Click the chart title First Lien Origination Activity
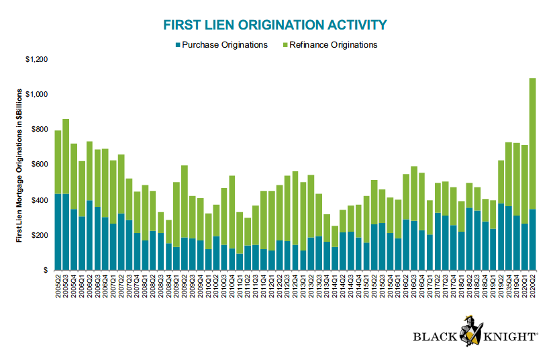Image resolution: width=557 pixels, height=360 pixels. (x=275, y=25)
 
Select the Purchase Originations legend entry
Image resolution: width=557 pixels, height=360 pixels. (x=221, y=45)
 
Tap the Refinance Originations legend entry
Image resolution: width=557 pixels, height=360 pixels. (x=330, y=45)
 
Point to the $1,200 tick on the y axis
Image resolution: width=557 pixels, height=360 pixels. (x=37, y=59)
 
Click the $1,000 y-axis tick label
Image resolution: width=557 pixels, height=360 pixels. (x=37, y=94)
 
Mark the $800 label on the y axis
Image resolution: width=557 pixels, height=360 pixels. (x=40, y=130)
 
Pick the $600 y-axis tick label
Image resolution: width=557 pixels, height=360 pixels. (x=40, y=165)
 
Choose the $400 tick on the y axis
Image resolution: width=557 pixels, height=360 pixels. (x=40, y=200)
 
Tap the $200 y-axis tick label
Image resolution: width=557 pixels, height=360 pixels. (x=40, y=236)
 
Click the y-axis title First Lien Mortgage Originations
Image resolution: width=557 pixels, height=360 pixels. (x=19, y=166)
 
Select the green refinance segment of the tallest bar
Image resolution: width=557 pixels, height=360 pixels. (x=532, y=144)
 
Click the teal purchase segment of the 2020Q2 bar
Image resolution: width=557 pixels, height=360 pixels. (x=532, y=240)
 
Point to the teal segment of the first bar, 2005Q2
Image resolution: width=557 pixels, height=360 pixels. (x=58, y=232)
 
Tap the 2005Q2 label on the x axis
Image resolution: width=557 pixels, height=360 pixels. (x=58, y=285)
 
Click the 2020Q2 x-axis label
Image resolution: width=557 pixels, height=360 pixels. (x=532, y=285)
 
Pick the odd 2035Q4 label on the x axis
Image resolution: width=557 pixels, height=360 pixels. (x=509, y=285)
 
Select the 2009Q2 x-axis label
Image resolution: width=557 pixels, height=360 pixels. (x=185, y=285)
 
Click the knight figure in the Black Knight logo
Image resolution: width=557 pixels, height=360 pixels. (x=470, y=331)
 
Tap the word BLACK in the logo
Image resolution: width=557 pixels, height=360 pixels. (x=436, y=336)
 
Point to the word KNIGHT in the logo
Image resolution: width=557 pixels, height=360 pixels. (x=510, y=336)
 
